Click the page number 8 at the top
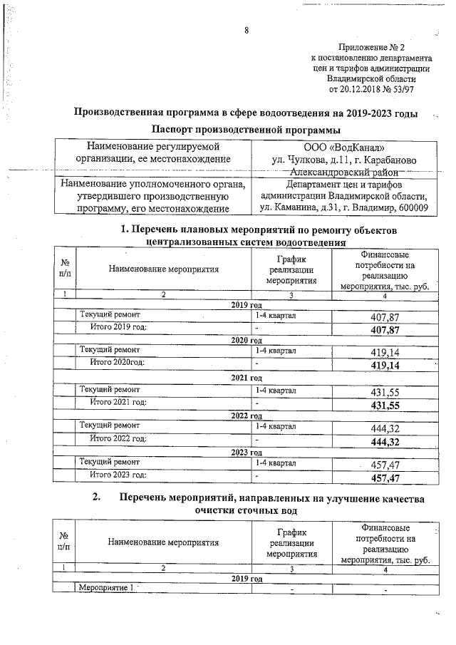point(246,30)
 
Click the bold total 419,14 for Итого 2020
point(385,366)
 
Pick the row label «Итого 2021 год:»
point(118,403)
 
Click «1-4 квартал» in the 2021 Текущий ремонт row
point(276,390)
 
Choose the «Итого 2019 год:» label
point(118,327)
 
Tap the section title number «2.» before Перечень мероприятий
point(97,499)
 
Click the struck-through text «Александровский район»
point(345,172)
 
